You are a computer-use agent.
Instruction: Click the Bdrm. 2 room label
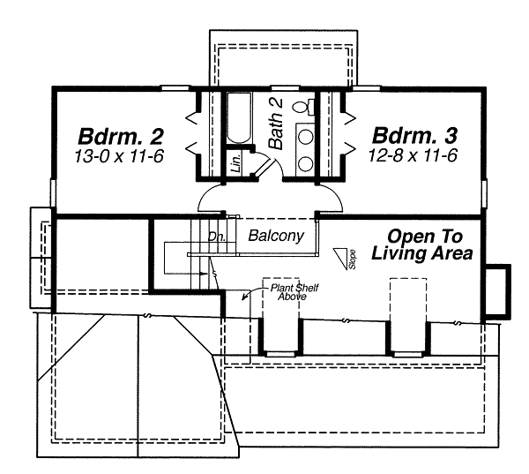pos(121,137)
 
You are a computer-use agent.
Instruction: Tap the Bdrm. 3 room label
pos(414,135)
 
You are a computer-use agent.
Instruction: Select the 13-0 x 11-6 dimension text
pos(119,156)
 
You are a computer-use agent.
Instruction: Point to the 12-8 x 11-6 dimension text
pos(413,155)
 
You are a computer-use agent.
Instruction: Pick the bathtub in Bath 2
pos(239,118)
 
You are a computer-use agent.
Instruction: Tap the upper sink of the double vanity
pos(306,138)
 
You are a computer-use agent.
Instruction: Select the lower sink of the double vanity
pos(306,164)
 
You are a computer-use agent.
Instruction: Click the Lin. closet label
pos(237,162)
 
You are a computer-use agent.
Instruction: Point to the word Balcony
pos(276,236)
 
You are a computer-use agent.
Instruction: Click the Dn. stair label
pos(216,237)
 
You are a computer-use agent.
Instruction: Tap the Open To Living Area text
pos(422,245)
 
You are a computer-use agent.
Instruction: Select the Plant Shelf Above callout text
pos(294,292)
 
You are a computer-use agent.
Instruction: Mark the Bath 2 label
pos(276,124)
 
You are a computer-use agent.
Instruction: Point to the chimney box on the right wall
pos(497,291)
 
